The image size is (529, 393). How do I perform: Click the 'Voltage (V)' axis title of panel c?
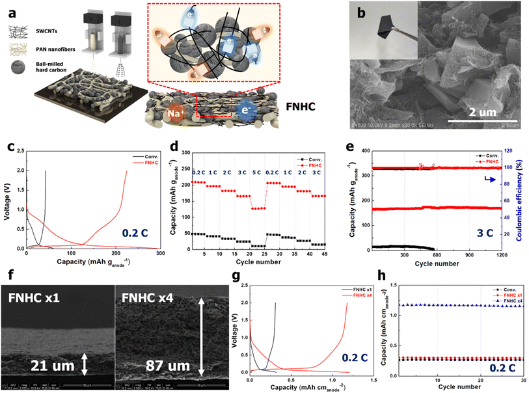pyautogui.click(x=9, y=201)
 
